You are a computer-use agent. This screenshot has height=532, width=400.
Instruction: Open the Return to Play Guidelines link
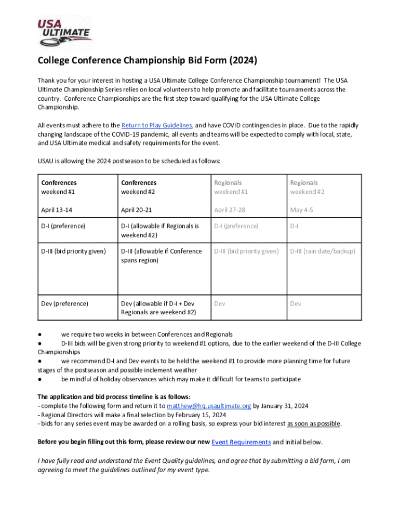[x=157, y=125]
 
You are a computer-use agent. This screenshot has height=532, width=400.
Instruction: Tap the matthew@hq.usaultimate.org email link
[x=209, y=406]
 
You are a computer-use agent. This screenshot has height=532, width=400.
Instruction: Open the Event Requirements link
[x=241, y=442]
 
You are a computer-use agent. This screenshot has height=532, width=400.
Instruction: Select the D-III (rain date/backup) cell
[x=323, y=251]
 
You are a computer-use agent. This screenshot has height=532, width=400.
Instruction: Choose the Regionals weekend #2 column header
[x=304, y=187]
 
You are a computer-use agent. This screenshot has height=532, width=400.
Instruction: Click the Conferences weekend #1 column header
[x=59, y=187]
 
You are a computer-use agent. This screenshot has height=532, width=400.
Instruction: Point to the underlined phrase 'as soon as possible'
[x=314, y=423]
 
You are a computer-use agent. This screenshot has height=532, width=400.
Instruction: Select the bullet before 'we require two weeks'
[x=39, y=334]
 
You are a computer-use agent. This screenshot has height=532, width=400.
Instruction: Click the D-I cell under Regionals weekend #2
[x=294, y=226]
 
